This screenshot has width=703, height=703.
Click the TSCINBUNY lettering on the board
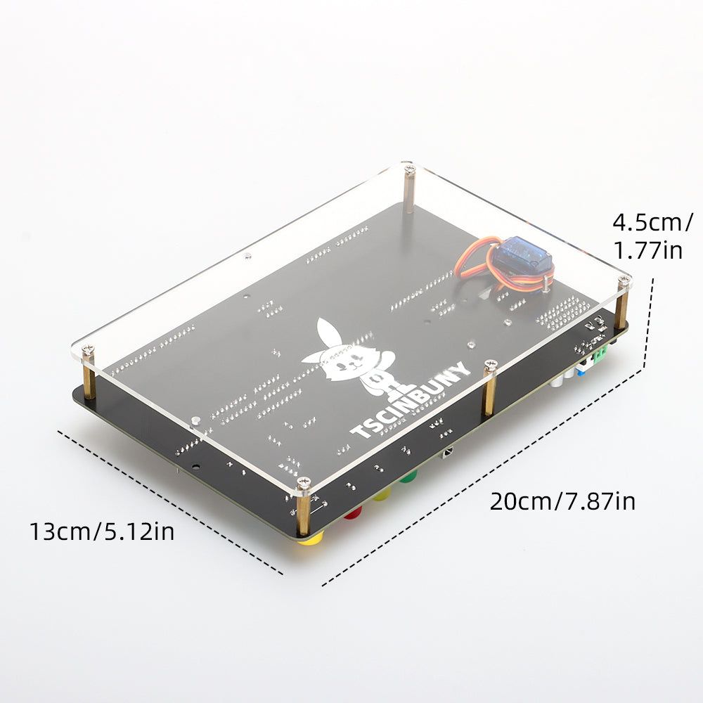[x=411, y=400]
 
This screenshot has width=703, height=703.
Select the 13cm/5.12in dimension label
[x=102, y=531]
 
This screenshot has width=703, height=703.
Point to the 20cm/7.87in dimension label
[x=562, y=501]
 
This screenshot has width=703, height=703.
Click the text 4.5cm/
[x=652, y=222]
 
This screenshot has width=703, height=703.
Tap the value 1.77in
[x=647, y=250]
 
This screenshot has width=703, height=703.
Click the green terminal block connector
[x=600, y=354]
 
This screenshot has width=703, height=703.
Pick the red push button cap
[x=353, y=512]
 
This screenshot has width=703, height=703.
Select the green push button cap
[x=408, y=476]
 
